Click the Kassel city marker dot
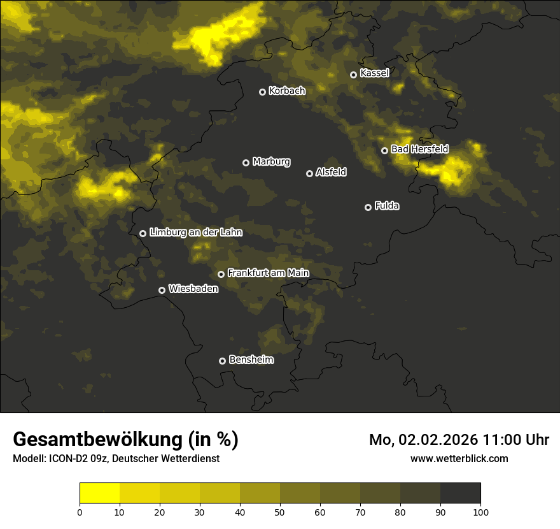353,75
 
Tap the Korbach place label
287,91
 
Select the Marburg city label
271,161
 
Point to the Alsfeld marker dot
309,173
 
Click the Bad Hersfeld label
419,149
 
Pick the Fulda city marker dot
368,207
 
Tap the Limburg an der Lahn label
195,232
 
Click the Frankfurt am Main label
268,273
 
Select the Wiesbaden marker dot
162,290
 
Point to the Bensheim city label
251,359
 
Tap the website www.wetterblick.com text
459,458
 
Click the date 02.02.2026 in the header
438,440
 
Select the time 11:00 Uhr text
516,440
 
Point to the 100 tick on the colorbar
480,512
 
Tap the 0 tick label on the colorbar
80,512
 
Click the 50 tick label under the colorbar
280,512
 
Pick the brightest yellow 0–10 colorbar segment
100,493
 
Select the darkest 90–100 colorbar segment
460,493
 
